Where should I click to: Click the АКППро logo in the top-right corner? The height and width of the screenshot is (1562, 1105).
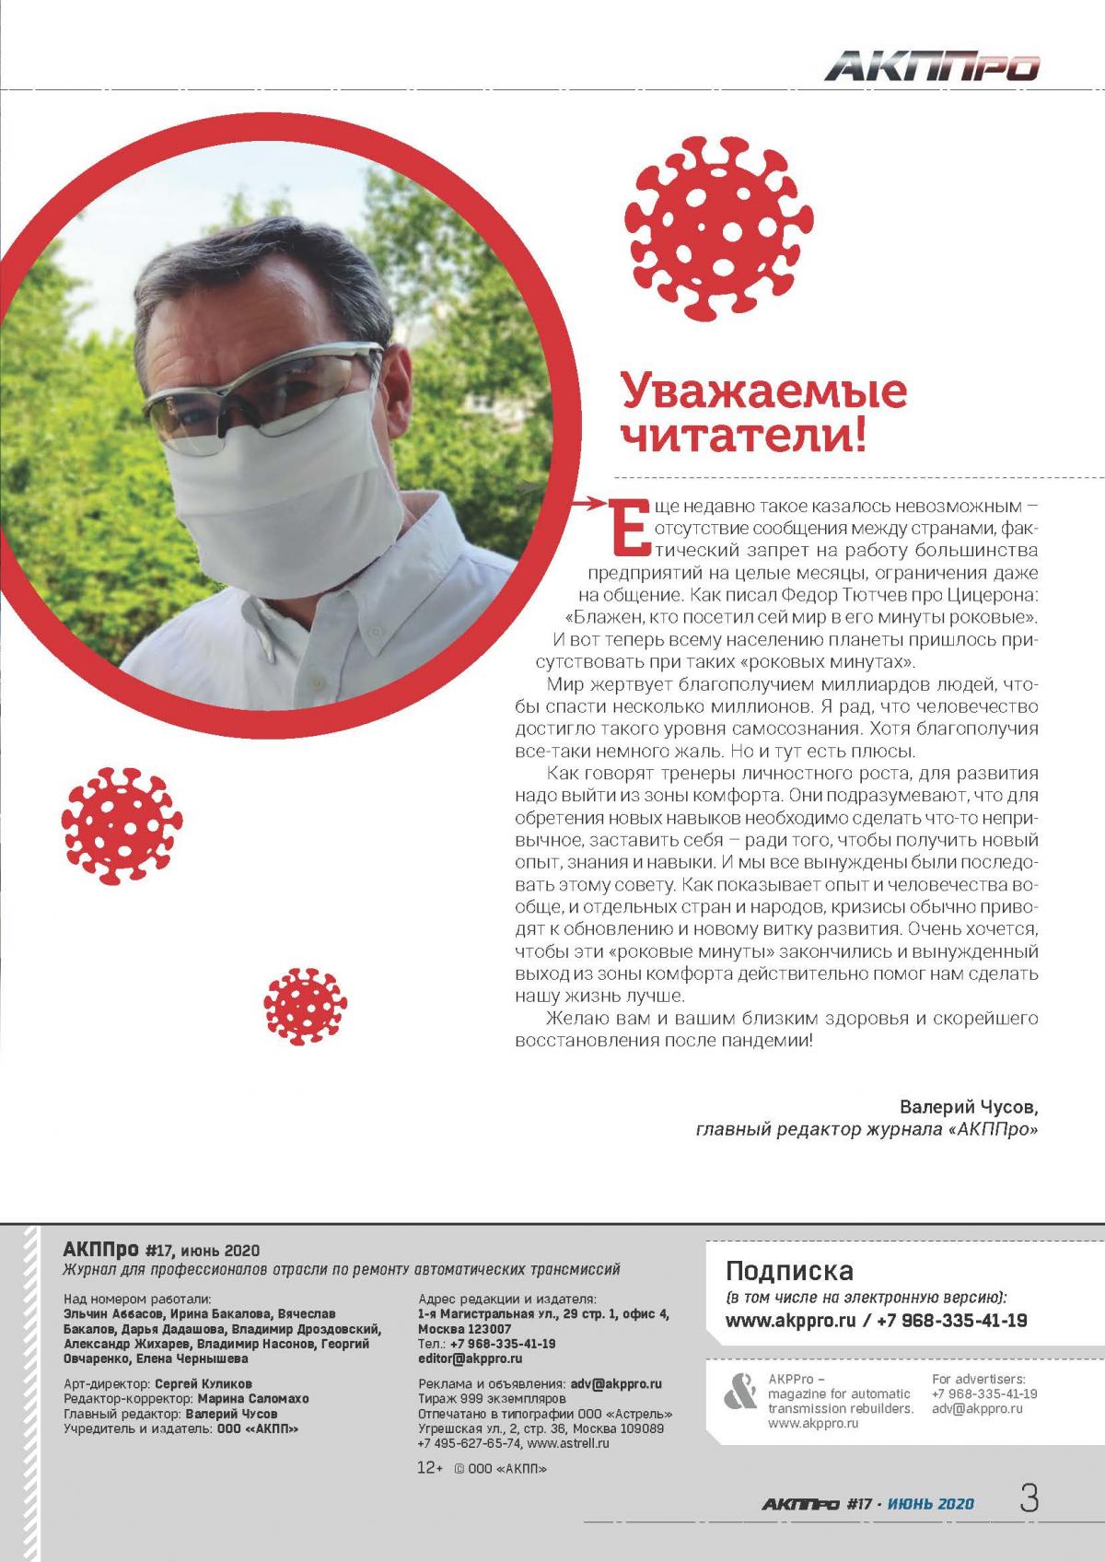932,67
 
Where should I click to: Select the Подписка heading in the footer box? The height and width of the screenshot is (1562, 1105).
789,1271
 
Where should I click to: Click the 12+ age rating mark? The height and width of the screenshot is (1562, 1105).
430,1469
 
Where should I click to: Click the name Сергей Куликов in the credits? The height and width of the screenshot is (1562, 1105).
203,1383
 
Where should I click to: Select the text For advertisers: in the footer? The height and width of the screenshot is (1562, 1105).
978,1379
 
